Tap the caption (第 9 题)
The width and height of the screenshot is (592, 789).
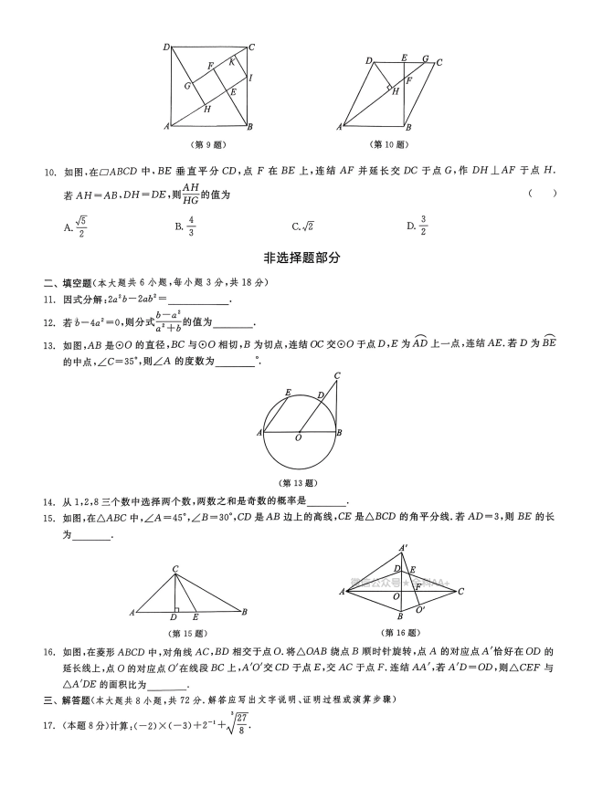[x=210, y=144]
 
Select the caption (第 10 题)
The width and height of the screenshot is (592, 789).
[x=388, y=144]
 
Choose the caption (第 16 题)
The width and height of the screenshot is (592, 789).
[x=400, y=632]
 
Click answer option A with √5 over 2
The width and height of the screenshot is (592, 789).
[x=75, y=225]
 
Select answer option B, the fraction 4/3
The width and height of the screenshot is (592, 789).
[x=185, y=225]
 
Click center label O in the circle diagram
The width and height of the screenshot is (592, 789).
[x=298, y=439]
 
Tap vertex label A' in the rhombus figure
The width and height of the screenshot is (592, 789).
[x=403, y=549]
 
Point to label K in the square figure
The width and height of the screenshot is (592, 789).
[x=232, y=62]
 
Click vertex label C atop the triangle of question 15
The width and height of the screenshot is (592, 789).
[x=174, y=569]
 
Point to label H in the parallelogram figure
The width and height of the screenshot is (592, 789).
[x=395, y=90]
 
